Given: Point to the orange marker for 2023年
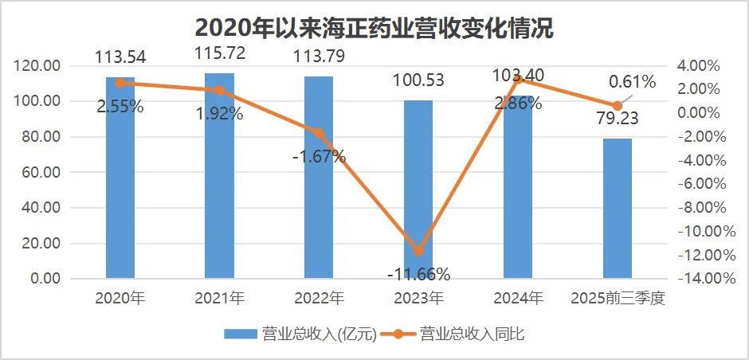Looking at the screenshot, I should click(418, 251).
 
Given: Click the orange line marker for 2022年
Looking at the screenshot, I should click(319, 133).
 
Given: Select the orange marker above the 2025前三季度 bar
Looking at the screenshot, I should click(617, 106).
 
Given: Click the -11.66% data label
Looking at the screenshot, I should click(418, 275).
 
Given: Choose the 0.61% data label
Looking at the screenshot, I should click(632, 81).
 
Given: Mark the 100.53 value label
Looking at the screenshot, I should click(418, 80).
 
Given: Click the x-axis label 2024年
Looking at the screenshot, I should click(518, 299).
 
